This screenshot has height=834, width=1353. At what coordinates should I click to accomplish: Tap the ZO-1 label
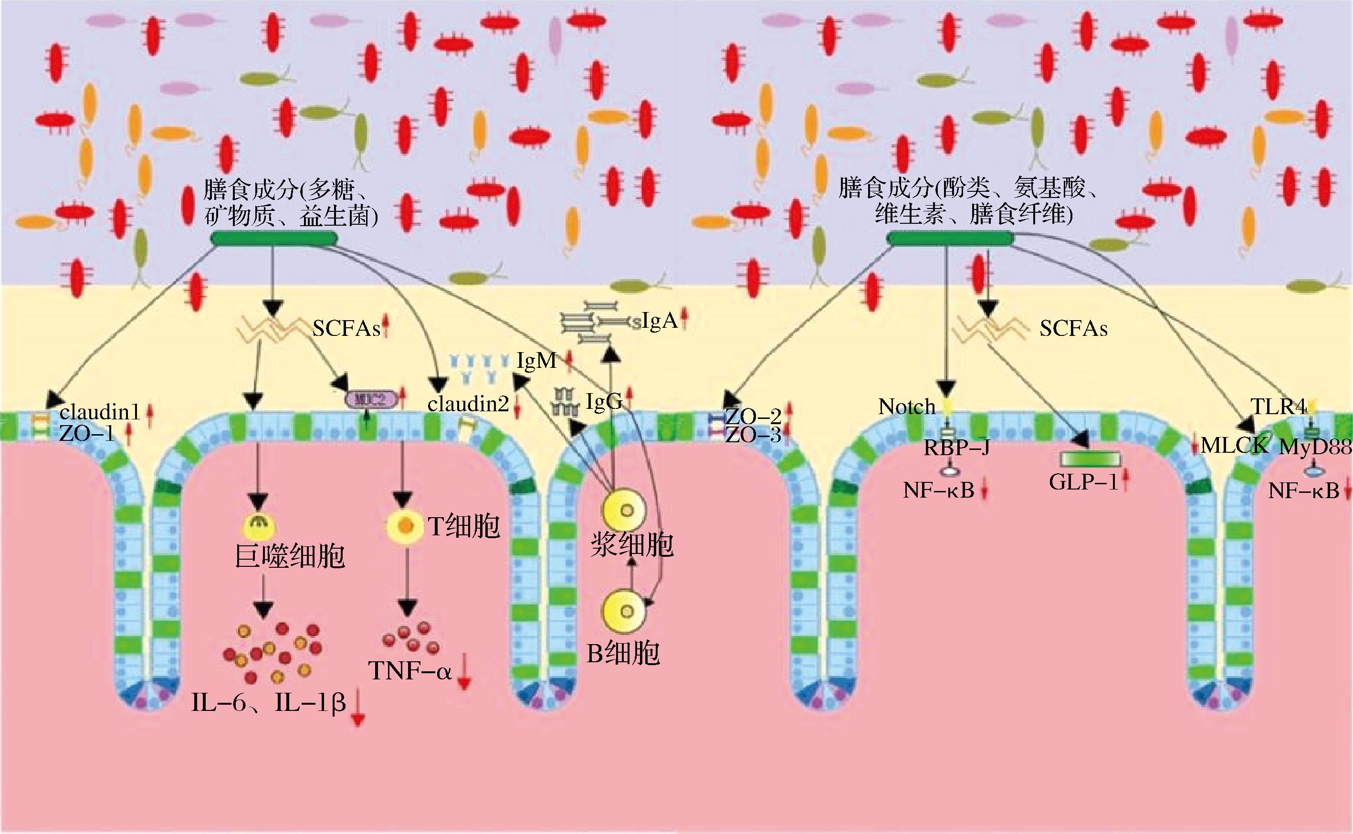pyautogui.click(x=87, y=434)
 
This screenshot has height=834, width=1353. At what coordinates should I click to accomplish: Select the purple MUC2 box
pyautogui.click(x=371, y=399)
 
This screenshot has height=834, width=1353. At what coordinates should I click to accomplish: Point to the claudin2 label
pyautogui.click(x=468, y=404)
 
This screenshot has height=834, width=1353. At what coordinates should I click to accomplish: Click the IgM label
pyautogui.click(x=536, y=361)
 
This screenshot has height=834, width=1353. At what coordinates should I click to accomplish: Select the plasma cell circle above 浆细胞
pyautogui.click(x=624, y=510)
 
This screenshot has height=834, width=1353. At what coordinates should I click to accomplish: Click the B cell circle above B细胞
pyautogui.click(x=624, y=612)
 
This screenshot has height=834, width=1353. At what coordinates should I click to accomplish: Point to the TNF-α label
pyautogui.click(x=410, y=671)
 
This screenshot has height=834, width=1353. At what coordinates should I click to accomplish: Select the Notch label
pyautogui.click(x=907, y=407)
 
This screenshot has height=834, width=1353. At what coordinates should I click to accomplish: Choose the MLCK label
pyautogui.click(x=1235, y=445)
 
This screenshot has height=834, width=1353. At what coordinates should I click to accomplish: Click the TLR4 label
pyautogui.click(x=1278, y=407)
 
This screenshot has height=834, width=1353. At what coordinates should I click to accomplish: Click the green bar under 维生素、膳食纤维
pyautogui.click(x=949, y=238)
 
